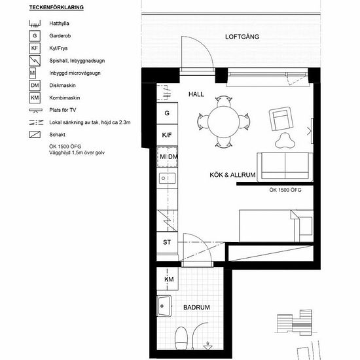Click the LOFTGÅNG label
point(242,37)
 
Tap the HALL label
point(196,94)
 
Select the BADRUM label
point(196,307)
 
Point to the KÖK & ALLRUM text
point(232,175)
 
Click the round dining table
point(223,122)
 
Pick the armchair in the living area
point(281,118)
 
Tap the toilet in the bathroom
point(181,338)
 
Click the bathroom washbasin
point(164,306)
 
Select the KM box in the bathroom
point(168,279)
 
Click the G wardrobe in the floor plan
point(167,113)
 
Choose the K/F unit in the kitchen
point(167,135)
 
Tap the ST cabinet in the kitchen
point(167,242)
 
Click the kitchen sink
point(167,178)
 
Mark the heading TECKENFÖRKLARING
point(56,7)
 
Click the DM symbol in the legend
point(35,85)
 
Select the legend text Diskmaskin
point(62,85)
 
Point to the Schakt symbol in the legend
point(35,135)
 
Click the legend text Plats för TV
point(63,110)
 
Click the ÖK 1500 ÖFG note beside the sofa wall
point(285,190)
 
